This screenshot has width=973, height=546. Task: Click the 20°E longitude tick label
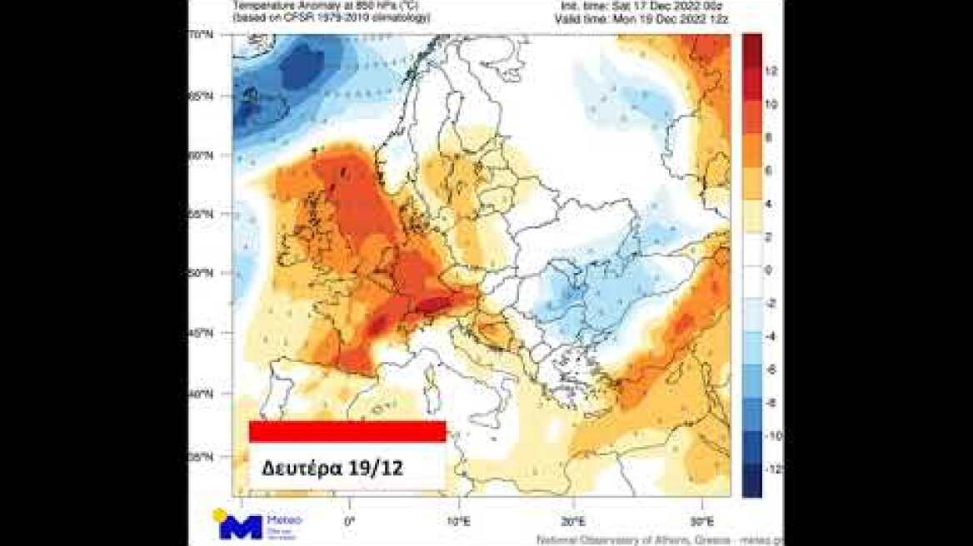tap(574, 521)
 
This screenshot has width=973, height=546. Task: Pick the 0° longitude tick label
tap(349, 521)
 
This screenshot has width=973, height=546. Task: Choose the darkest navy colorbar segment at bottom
tap(751, 481)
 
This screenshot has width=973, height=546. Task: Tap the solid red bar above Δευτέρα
tap(347, 431)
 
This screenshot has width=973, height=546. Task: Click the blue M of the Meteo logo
tap(241, 527)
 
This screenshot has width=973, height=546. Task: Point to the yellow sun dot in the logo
tap(221, 515)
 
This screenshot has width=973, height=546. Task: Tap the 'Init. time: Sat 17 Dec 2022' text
tap(657, 5)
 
